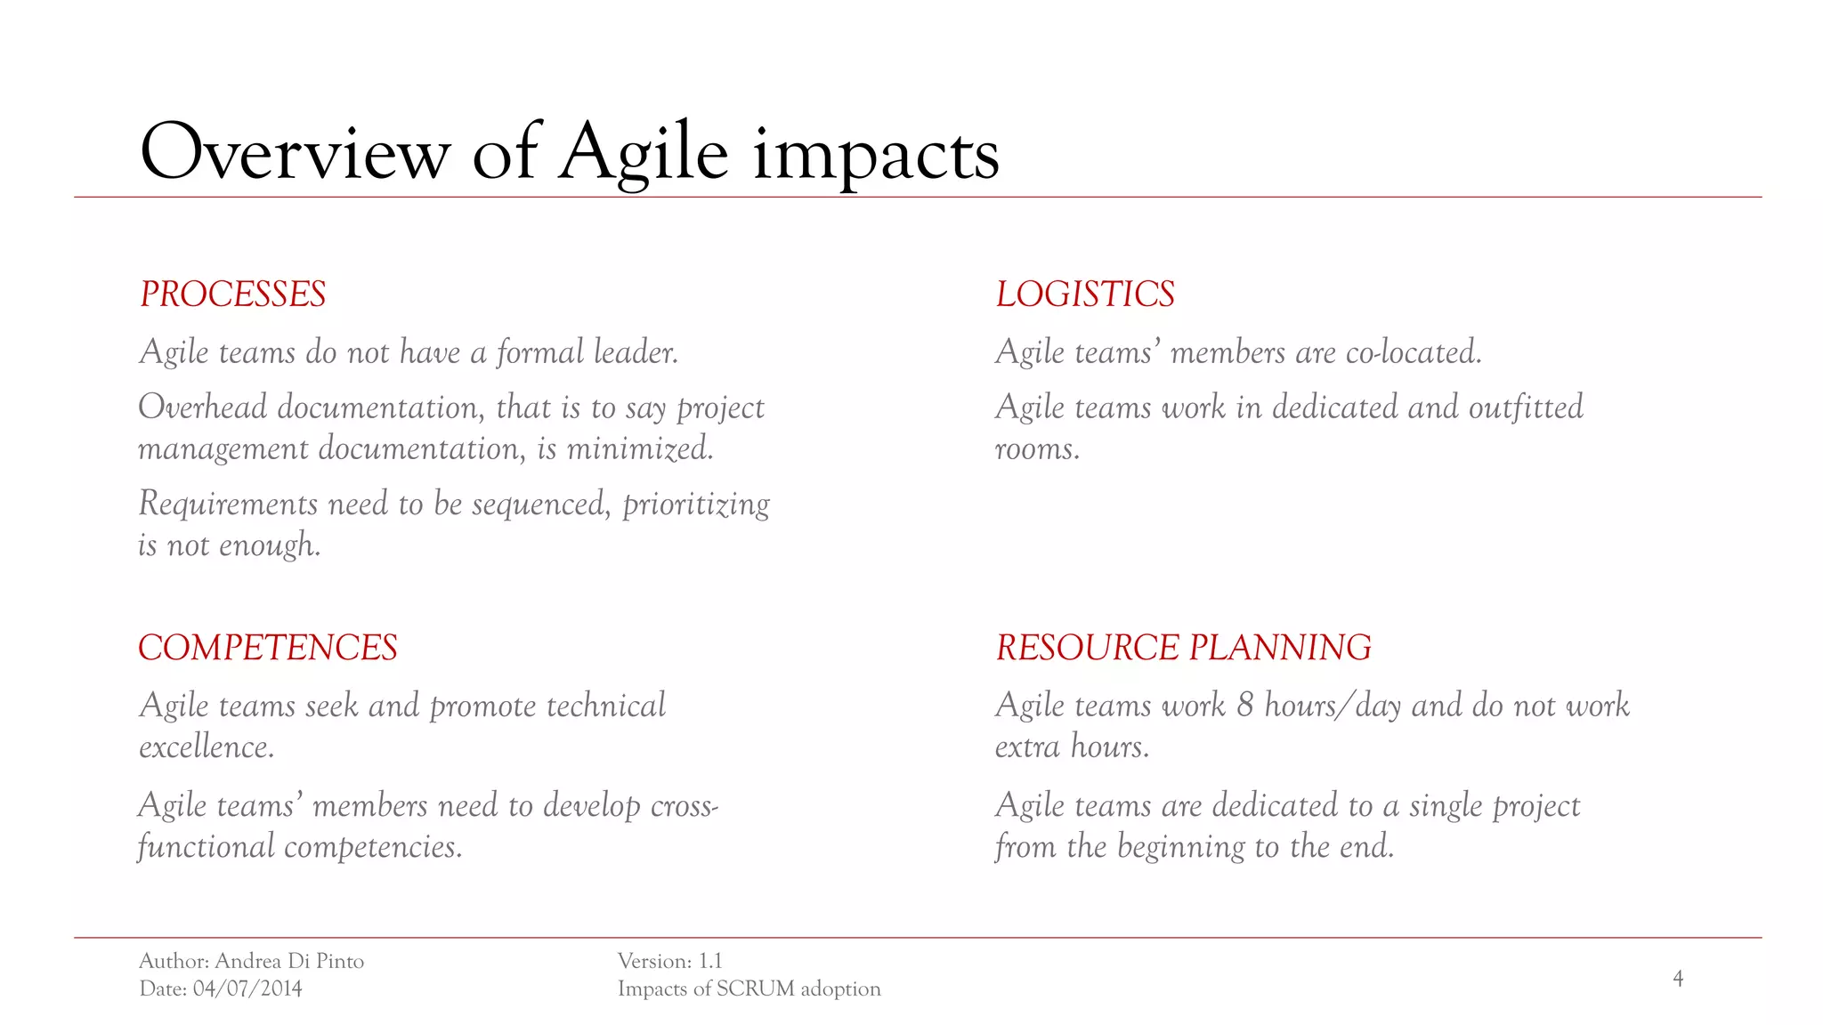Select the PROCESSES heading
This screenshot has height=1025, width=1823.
tap(233, 295)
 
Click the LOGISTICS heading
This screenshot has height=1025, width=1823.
tap(1085, 295)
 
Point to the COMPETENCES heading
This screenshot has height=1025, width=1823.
tap(268, 648)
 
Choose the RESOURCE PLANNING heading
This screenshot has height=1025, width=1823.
tap(1183, 648)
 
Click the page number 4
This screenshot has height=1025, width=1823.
tap(1678, 979)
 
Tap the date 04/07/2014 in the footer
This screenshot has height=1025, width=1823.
tap(247, 989)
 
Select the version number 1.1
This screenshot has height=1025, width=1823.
tap(710, 961)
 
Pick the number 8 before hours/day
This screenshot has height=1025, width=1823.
tap(1244, 706)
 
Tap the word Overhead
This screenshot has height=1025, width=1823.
tap(203, 408)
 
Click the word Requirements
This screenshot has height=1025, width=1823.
tap(228, 504)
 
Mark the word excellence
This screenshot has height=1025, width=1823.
tap(207, 747)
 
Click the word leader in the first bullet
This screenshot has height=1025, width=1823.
tap(636, 352)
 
